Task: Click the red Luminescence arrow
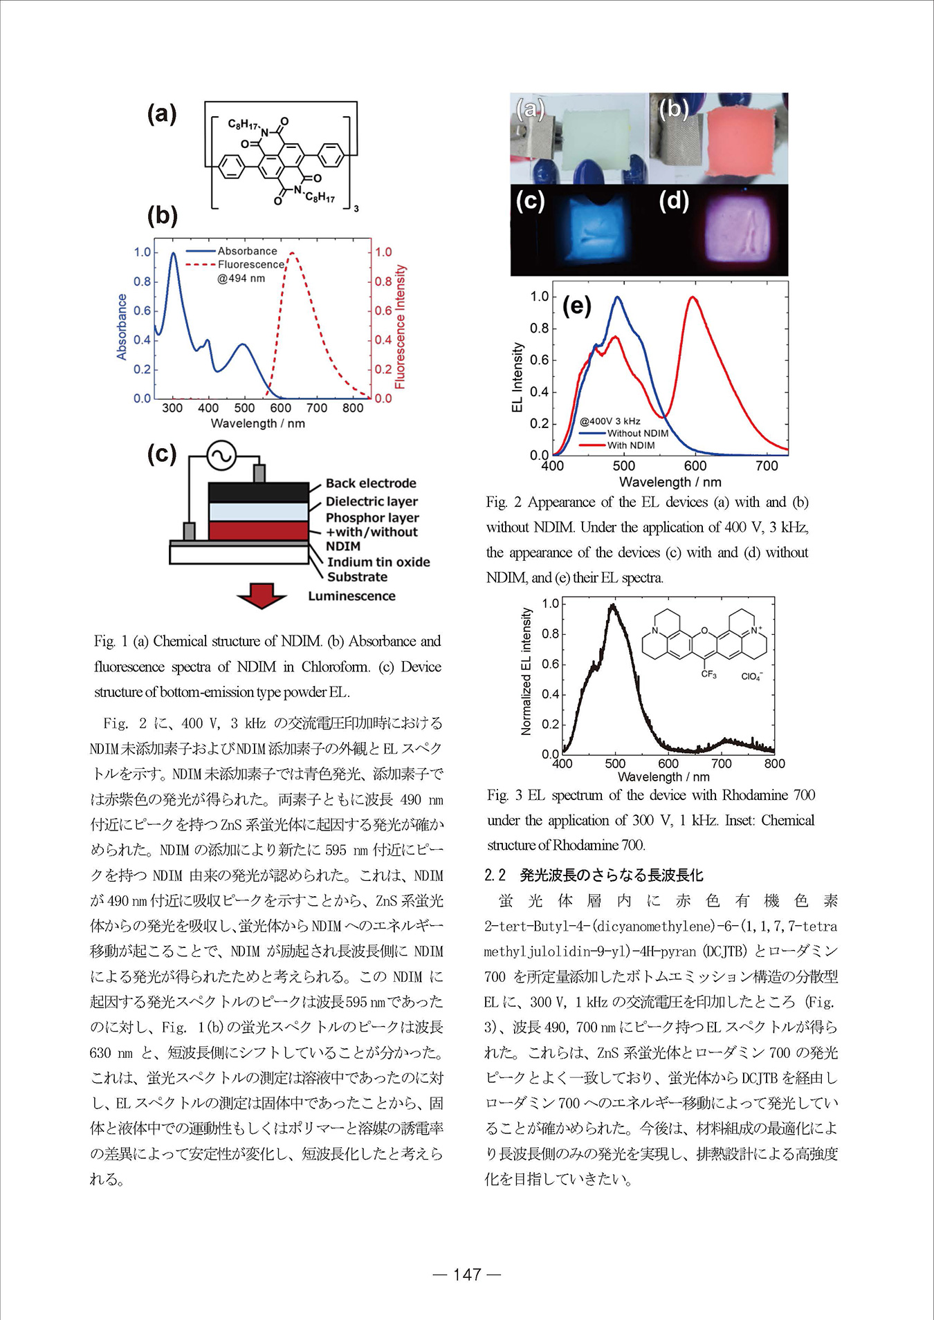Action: click(x=261, y=595)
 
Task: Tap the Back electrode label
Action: click(x=371, y=483)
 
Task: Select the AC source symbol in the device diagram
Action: click(x=221, y=456)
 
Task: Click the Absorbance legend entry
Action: click(x=247, y=251)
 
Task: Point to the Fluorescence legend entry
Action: click(x=250, y=264)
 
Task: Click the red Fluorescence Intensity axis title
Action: click(x=400, y=326)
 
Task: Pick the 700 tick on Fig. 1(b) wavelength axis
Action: click(x=317, y=408)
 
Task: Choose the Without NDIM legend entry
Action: click(x=637, y=434)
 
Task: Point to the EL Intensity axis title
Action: click(x=517, y=378)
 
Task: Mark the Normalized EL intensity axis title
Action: click(x=526, y=671)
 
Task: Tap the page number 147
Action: click(x=467, y=1274)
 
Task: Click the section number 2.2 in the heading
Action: click(x=495, y=875)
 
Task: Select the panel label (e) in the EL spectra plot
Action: click(x=577, y=305)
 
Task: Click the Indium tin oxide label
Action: click(x=378, y=562)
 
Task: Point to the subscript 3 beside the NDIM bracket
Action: click(x=356, y=208)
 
